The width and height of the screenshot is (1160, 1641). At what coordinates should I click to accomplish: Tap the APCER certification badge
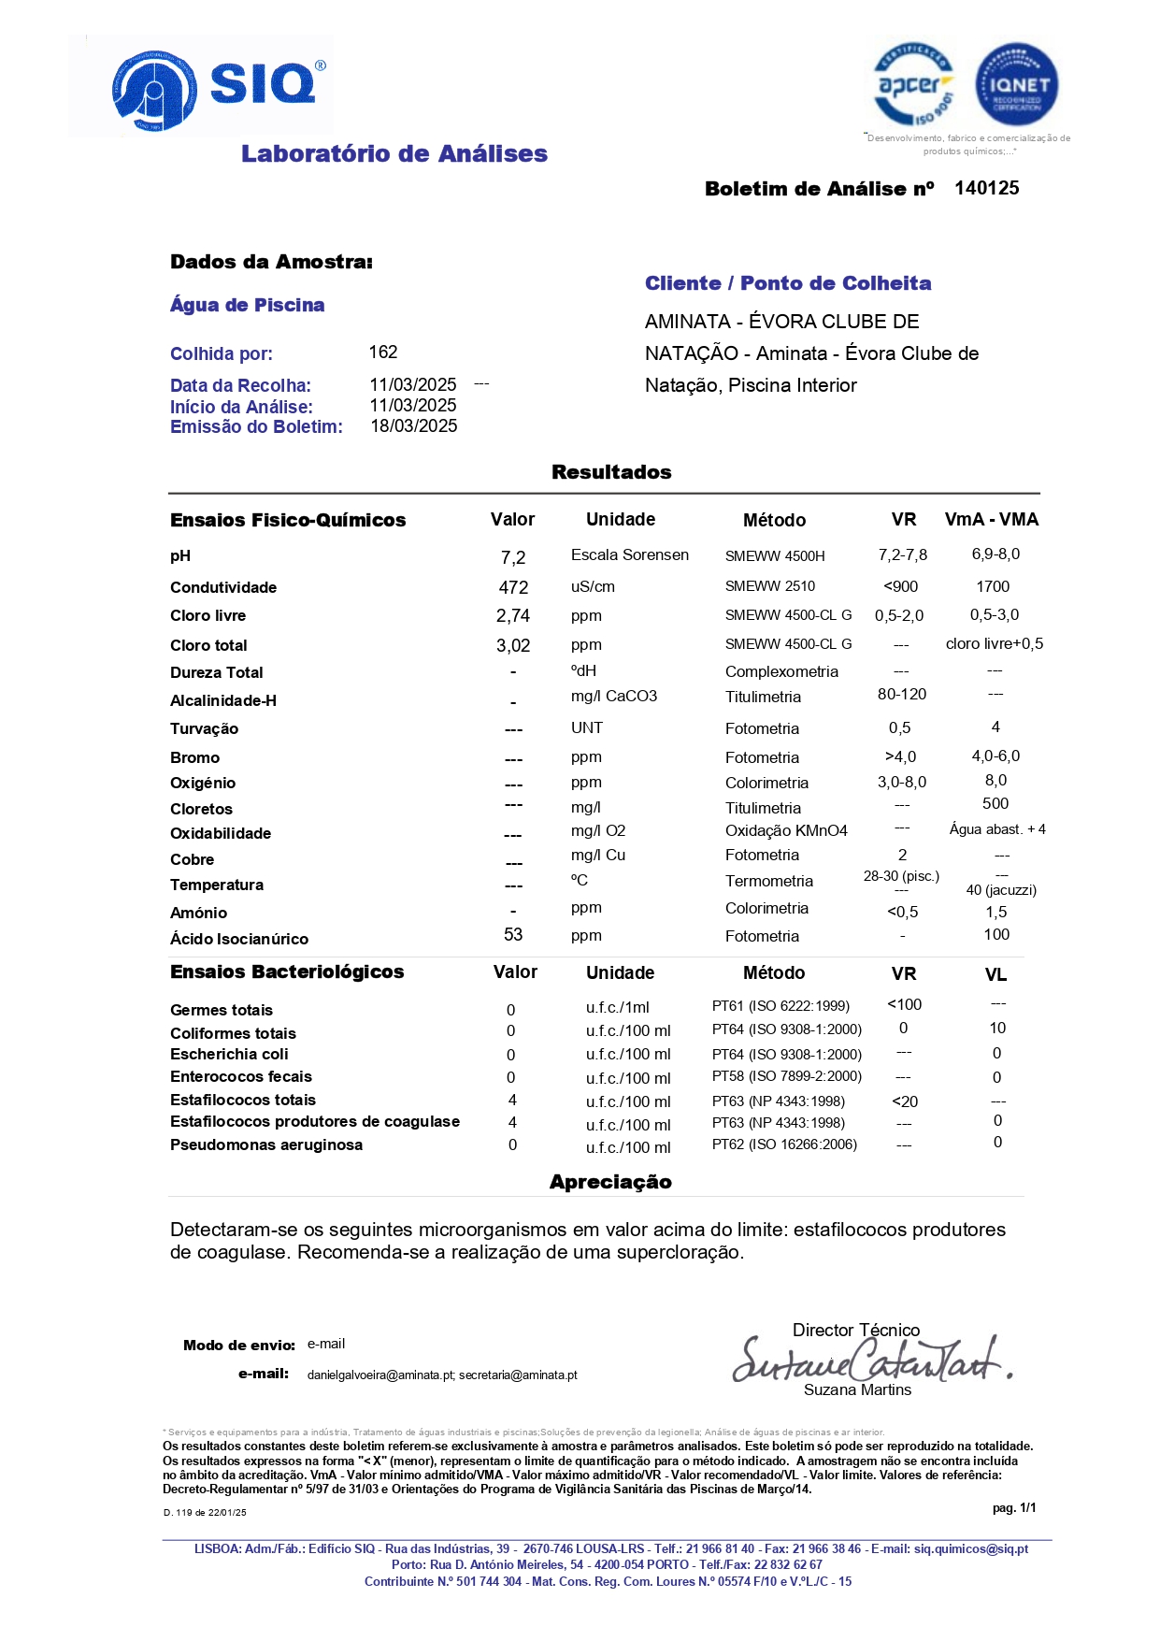point(913,84)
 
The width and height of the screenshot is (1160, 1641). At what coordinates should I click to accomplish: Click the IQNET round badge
point(1016,84)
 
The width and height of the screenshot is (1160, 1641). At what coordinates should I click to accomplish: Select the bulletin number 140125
point(986,188)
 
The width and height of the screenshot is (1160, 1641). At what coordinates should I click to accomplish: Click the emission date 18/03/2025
point(414,426)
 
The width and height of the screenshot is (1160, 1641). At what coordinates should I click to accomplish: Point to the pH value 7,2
point(513,558)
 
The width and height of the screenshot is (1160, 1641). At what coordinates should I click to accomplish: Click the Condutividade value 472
point(513,587)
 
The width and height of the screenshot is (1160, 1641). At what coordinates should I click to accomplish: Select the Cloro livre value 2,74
point(513,616)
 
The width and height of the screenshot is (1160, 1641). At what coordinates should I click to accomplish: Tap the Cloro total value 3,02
point(513,645)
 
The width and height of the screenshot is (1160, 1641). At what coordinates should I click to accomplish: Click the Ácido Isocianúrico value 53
point(513,934)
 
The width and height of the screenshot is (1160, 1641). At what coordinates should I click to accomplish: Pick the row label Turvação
point(204,728)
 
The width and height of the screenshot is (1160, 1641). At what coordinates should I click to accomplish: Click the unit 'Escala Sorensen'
point(629,554)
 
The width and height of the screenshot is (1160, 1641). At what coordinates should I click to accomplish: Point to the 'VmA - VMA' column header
point(991,520)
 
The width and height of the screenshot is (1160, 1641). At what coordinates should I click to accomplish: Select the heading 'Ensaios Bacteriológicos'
point(287,972)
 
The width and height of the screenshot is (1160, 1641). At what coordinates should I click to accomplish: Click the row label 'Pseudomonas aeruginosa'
point(266,1144)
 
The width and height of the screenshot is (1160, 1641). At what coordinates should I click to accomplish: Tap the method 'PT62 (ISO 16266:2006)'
point(784,1144)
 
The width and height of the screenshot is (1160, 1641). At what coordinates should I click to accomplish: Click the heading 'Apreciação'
point(610,1182)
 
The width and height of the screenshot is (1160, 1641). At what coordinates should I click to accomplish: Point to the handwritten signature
point(869,1359)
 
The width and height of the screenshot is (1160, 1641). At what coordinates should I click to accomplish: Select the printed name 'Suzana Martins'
point(857,1389)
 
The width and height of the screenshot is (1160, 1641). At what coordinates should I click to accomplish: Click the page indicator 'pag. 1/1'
point(1014,1507)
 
